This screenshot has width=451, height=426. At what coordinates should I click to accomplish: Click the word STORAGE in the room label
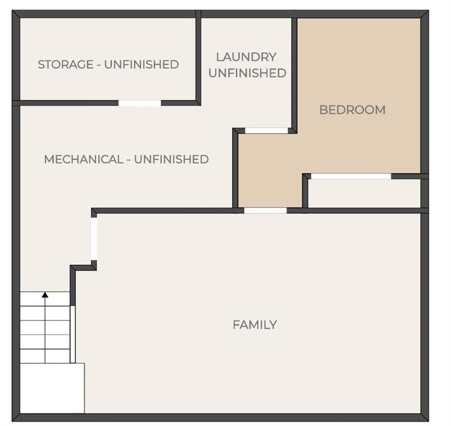(65, 64)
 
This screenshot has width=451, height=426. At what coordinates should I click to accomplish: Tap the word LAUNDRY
(246, 57)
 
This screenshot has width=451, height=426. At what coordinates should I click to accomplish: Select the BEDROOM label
(352, 110)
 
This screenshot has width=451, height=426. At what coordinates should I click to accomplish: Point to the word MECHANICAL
(84, 159)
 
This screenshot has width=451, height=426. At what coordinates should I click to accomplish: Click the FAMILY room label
(255, 325)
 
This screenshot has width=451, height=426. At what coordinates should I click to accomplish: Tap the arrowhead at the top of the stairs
(45, 295)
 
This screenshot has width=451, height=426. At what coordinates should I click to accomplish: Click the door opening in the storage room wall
(140, 103)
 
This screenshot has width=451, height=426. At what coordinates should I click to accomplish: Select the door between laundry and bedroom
(266, 130)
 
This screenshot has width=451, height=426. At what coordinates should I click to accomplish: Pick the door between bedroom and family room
(266, 211)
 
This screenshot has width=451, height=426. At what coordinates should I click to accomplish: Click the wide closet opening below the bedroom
(351, 176)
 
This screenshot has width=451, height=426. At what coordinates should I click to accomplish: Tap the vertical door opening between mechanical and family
(94, 239)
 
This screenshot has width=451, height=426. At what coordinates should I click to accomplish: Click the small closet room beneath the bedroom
(364, 193)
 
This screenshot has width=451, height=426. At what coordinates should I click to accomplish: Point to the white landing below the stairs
(52, 388)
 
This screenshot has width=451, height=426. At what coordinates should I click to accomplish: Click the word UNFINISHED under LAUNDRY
(247, 73)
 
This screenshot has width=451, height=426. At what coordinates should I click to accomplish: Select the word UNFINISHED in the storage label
(141, 64)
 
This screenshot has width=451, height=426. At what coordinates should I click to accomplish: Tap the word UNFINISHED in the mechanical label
(171, 159)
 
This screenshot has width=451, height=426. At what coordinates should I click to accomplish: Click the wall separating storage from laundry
(198, 58)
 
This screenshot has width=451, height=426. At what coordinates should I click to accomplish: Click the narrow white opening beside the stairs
(73, 334)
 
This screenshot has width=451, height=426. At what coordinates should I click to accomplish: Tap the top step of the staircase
(45, 299)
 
